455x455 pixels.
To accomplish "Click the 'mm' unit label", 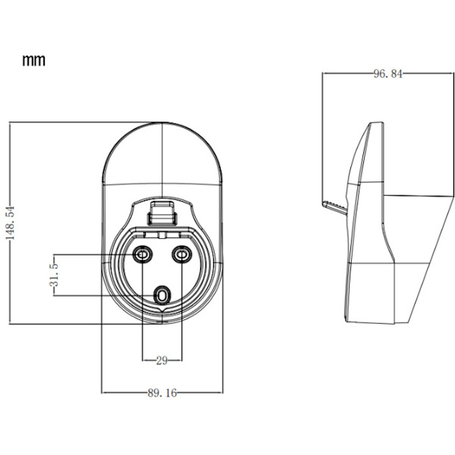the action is point(34,61).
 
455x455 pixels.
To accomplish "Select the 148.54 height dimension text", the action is point(11,223).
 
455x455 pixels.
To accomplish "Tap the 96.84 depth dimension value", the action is point(388,74).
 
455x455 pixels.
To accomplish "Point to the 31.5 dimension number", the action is point(54,275).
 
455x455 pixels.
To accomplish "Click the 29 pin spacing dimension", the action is point(162,361).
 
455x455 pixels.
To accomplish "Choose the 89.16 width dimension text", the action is point(162,393).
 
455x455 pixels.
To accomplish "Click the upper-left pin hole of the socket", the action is point(143,255).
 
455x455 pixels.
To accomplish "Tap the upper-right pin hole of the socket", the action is point(182,255).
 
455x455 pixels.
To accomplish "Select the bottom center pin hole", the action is point(162,296).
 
